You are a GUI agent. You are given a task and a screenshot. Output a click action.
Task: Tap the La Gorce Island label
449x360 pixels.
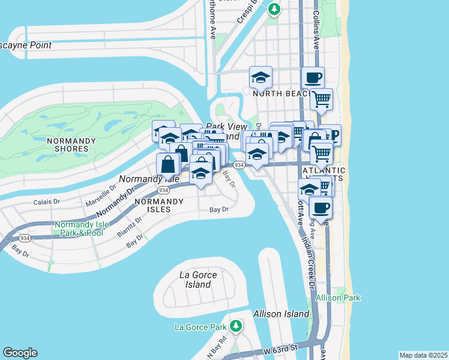(x=196, y=280)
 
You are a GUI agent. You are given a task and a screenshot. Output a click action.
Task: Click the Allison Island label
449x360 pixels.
(x=282, y=313)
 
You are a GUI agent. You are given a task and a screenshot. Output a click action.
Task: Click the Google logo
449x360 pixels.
(x=20, y=353)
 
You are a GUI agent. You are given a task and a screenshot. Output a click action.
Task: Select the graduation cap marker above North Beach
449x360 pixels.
(x=261, y=77)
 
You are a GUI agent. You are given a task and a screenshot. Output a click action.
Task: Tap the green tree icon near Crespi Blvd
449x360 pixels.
(x=274, y=9)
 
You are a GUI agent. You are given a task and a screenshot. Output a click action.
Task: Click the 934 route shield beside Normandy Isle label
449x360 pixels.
(x=163, y=190)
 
